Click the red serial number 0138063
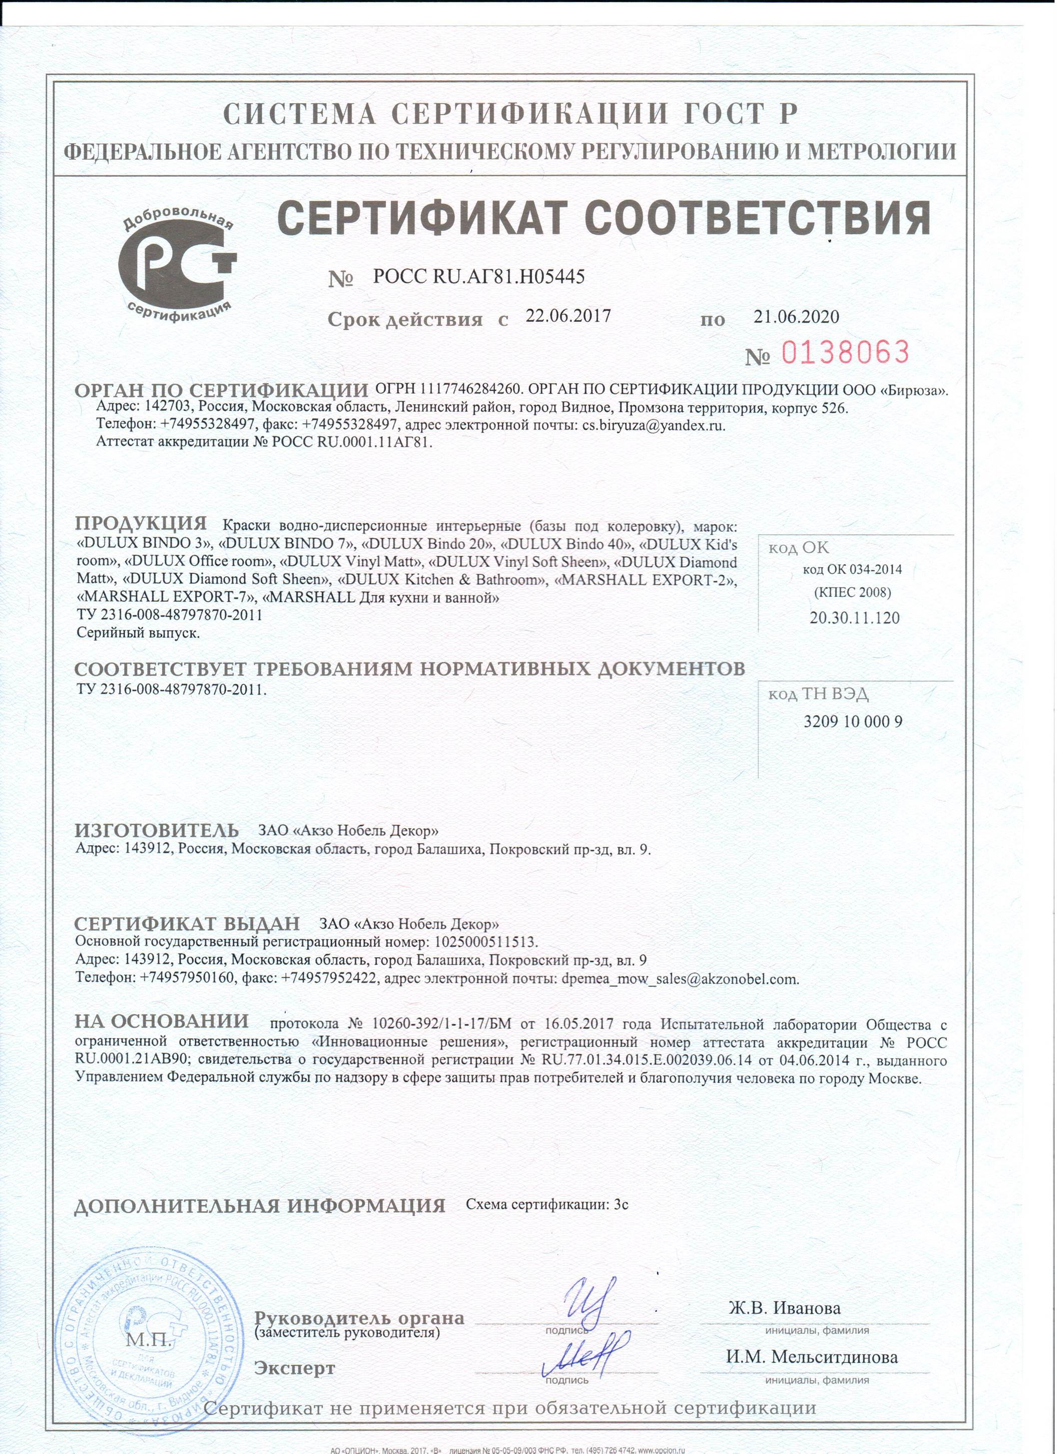(845, 352)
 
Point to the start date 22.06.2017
(568, 315)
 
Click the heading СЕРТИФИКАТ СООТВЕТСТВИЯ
(605, 218)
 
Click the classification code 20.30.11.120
(854, 618)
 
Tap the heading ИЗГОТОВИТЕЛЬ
(157, 830)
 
